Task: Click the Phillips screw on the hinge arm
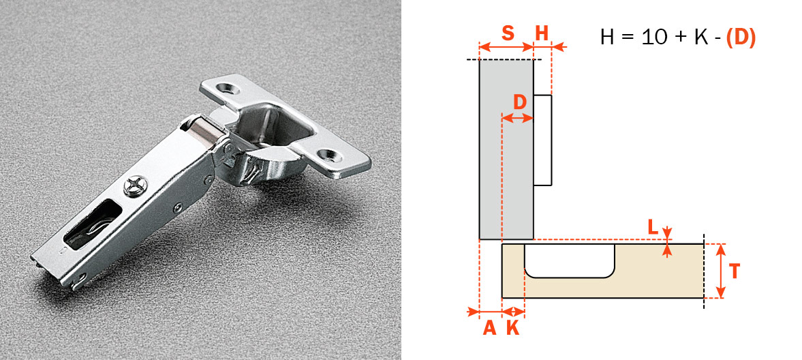[134, 185]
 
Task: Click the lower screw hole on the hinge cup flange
[328, 155]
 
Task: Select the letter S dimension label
[508, 33]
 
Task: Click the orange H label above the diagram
[542, 33]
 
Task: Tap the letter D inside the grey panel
[520, 102]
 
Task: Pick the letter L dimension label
[653, 227]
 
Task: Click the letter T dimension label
[734, 271]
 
